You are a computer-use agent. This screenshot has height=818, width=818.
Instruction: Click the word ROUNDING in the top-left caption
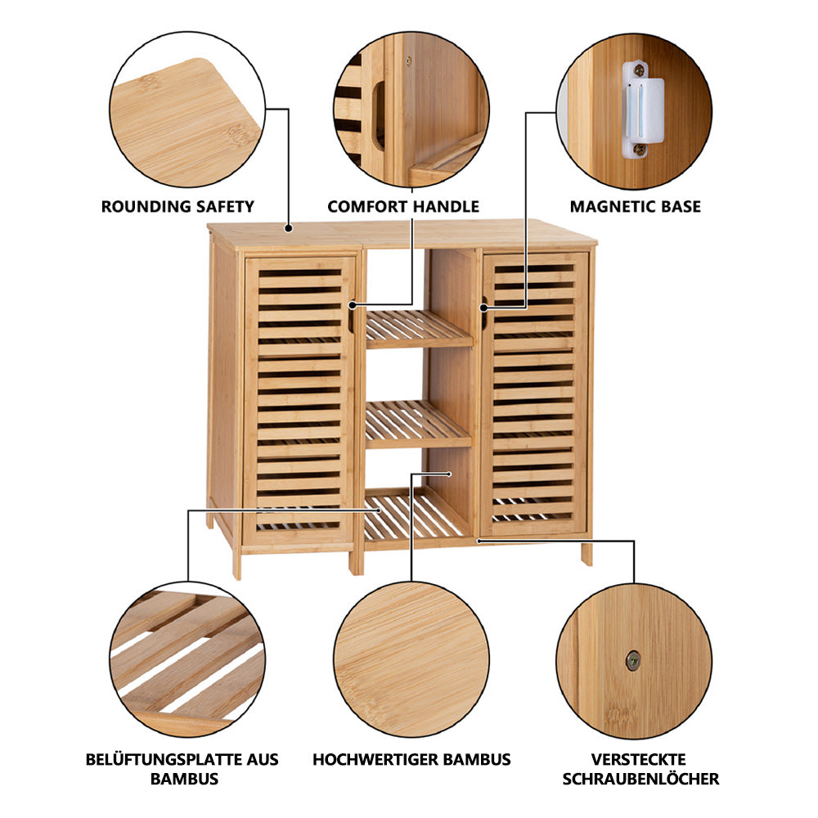pos(137,207)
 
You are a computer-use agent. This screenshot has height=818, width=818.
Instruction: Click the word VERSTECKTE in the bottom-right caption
pos(639,760)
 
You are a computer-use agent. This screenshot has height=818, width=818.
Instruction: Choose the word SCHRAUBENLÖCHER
pos(640,779)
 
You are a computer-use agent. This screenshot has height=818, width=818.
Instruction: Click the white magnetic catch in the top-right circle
pos(643,110)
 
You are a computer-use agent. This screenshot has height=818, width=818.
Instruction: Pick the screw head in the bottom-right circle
pos(633,661)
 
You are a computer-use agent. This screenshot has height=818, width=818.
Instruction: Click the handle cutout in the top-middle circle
pos(380,114)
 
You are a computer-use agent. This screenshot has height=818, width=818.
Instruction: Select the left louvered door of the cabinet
pos(300,399)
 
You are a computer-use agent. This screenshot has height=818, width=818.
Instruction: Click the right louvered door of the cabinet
pos(534,394)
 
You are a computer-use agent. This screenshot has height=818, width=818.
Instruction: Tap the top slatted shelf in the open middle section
pos(418,330)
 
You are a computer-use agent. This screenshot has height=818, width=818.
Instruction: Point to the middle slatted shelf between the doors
pos(417,424)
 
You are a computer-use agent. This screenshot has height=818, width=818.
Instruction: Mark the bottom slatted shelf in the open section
pos(415,518)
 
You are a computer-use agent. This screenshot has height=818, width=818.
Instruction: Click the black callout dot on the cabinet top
pos(288,228)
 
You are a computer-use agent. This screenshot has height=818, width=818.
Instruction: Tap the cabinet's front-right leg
pos(587,553)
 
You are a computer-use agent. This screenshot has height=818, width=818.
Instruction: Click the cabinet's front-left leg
pos(236,563)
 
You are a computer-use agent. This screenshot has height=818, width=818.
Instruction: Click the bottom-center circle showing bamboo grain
pos(411,659)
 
